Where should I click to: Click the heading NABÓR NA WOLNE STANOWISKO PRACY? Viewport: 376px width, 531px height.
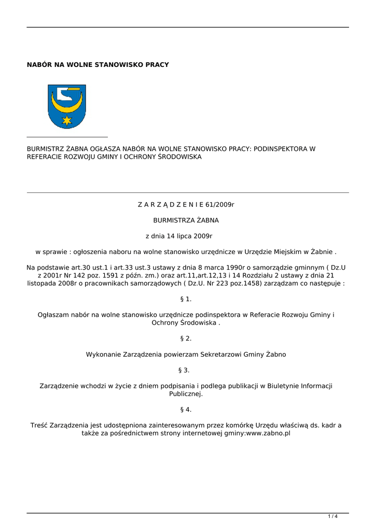coord(98,65)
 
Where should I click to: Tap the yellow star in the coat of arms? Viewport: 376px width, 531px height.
coord(66,120)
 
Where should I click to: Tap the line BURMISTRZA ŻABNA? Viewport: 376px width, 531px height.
coord(186,220)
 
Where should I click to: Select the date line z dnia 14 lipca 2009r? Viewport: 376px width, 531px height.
coord(179,236)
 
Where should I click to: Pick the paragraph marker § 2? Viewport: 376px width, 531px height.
coord(186,339)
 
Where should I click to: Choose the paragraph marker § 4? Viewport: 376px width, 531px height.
coord(186,410)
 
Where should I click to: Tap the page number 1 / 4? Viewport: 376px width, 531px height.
coord(332,516)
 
